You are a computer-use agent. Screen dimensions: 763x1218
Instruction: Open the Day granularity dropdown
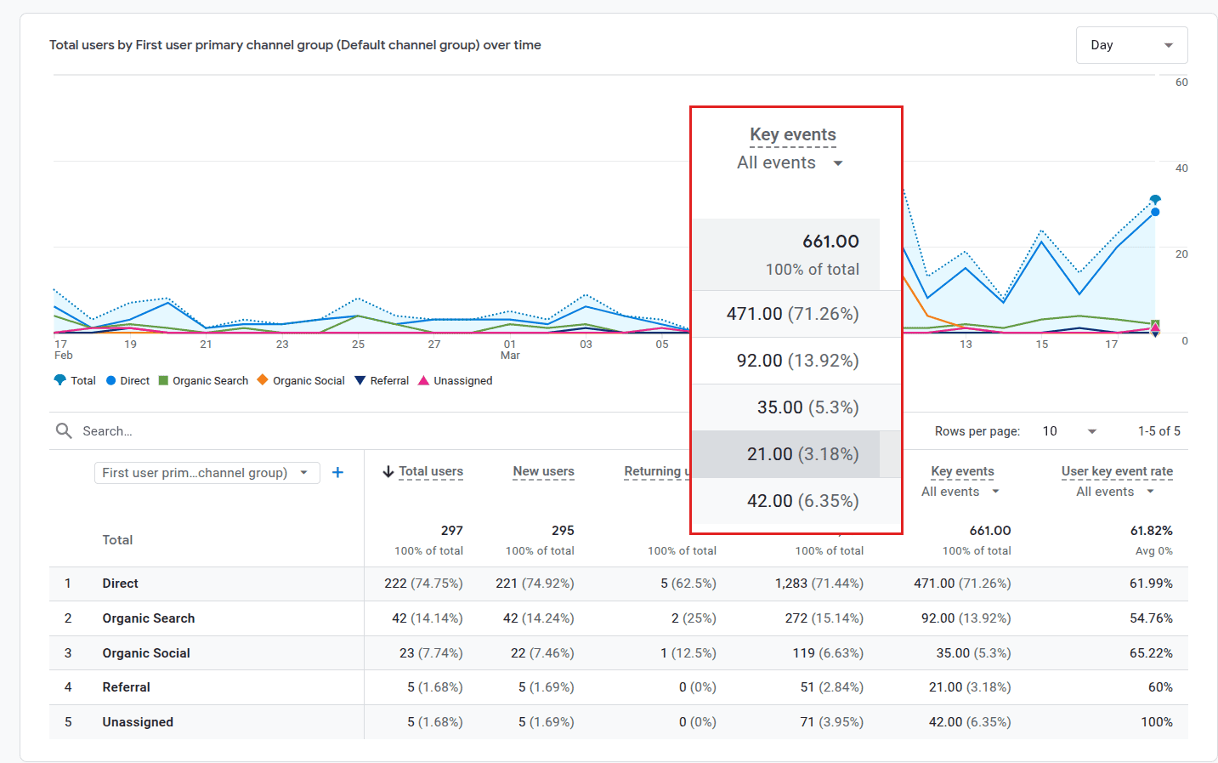pos(1131,45)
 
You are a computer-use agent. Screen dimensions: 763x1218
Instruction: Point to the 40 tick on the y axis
pos(1181,168)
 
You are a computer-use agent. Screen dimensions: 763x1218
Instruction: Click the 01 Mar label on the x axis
pos(510,350)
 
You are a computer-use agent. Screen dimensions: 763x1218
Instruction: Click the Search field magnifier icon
pos(64,431)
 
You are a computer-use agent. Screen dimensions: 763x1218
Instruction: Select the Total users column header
pos(430,471)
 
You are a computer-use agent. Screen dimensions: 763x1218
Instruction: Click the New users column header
pos(543,471)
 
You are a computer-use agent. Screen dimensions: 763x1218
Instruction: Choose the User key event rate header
pos(1116,471)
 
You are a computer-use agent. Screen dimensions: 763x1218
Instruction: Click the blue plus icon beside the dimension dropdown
pos(337,473)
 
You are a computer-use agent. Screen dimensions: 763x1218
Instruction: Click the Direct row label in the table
pos(120,584)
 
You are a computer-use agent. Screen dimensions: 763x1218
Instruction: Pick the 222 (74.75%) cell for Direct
pos(423,584)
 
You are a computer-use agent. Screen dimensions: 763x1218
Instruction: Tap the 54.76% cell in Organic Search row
pos(1150,618)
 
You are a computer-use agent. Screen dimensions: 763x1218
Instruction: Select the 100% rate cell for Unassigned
pos(1156,722)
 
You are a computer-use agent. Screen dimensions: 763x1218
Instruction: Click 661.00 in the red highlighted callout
pos(830,242)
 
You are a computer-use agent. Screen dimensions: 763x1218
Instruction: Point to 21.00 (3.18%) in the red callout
pos(802,454)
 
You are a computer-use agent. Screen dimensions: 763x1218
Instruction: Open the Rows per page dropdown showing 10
pos(1069,431)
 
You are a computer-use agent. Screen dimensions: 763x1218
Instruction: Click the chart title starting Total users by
pos(295,45)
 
